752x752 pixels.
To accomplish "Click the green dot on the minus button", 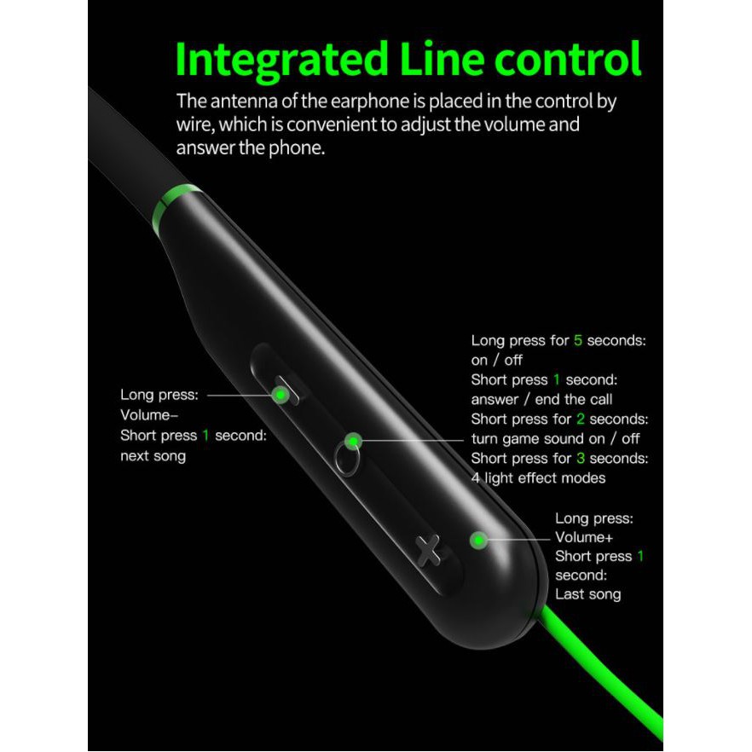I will tap(279, 394).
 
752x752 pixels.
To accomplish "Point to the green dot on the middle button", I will tap(353, 441).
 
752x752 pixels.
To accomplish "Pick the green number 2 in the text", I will tap(580, 419).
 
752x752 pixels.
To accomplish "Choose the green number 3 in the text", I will tap(580, 458).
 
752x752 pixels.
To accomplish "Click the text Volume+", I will tap(584, 537).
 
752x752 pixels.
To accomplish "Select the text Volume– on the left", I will tap(149, 415).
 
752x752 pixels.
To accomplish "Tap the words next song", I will tap(153, 455).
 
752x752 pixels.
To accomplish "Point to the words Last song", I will tap(587, 594).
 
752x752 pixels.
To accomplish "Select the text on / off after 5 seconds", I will tap(496, 360).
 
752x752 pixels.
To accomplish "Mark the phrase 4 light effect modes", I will tap(538, 477).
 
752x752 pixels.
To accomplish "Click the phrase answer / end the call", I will tap(541, 399).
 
